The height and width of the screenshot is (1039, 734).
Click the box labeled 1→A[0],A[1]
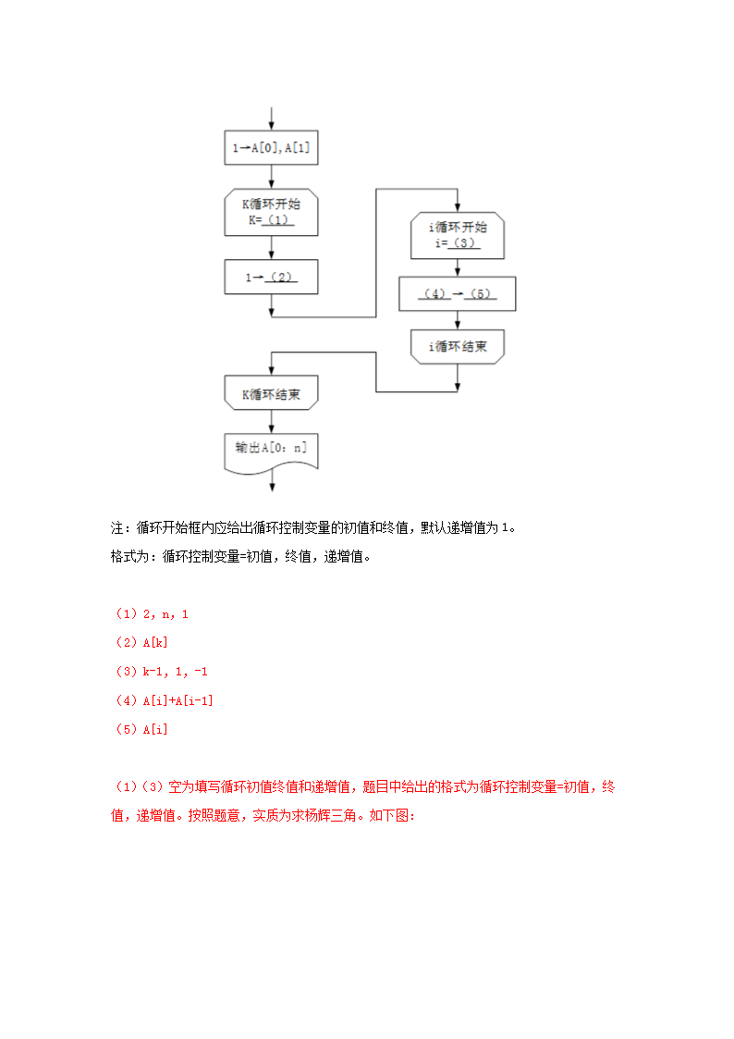point(271,147)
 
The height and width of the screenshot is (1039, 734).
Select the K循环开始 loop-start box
point(271,212)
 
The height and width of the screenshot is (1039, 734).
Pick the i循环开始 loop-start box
point(459,235)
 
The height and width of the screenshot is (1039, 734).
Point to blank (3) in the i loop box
point(466,243)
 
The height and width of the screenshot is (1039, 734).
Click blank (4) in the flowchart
point(434,294)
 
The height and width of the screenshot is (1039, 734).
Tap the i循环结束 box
point(459,347)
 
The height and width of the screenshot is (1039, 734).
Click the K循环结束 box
point(271,394)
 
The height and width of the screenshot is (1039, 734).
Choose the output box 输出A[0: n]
point(271,450)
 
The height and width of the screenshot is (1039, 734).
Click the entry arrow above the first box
point(271,118)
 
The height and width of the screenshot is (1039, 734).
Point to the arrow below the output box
point(271,485)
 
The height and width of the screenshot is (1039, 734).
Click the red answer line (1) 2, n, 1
point(153,613)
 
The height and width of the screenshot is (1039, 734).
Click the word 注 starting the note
point(117,528)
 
